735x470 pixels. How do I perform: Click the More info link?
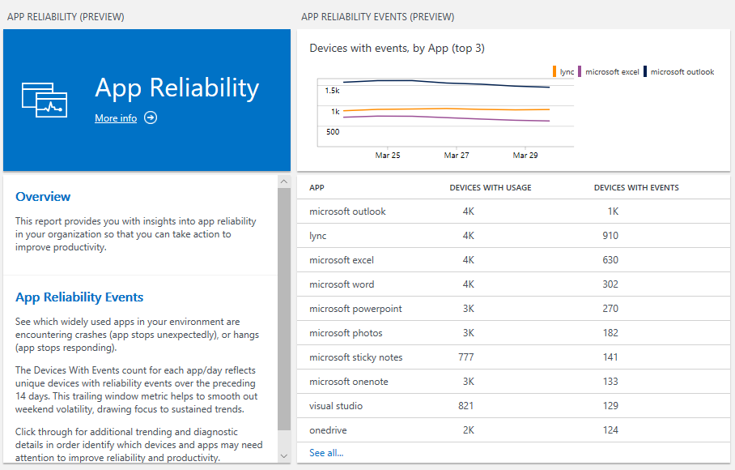pos(116,118)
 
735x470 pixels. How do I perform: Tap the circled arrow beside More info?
pos(151,117)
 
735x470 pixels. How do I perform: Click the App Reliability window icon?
pos(44,99)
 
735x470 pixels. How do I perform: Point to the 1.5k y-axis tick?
pos(332,90)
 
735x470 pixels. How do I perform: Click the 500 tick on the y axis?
pos(332,131)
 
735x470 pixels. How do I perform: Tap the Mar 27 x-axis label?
pos(457,155)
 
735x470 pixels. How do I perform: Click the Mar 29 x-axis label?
pos(525,155)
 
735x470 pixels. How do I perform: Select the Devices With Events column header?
pos(636,188)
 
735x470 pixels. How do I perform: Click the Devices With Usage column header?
pos(491,188)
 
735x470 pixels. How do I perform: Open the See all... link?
pos(326,453)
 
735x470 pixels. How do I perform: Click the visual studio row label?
pos(336,406)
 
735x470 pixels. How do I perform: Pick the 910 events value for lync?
pos(610,236)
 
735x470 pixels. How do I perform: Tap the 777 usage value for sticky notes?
pos(465,357)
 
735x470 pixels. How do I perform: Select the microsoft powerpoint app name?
pos(355,309)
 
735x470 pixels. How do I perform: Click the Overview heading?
pos(43,197)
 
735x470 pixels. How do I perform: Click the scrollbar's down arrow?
pos(283,456)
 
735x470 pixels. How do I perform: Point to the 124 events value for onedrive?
pos(610,430)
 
